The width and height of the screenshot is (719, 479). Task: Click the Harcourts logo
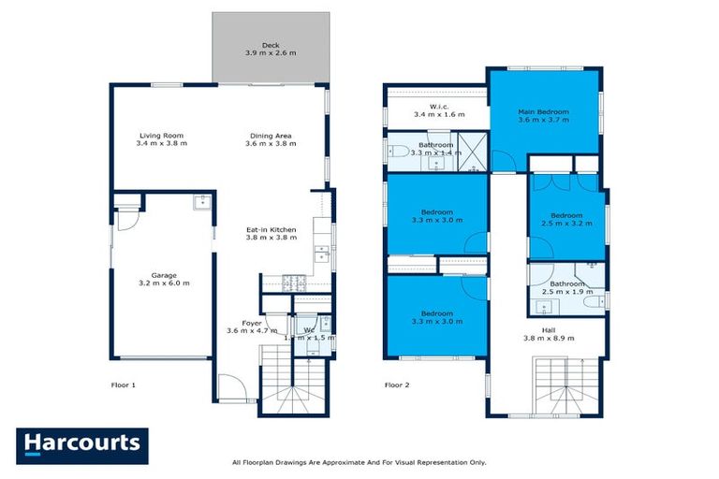point(82,444)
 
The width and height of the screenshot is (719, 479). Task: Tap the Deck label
point(271,49)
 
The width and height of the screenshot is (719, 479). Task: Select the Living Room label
point(161,140)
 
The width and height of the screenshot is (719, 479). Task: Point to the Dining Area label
point(270,140)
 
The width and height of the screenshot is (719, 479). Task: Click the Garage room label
point(158,280)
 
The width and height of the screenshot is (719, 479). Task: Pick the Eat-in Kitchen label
point(271,234)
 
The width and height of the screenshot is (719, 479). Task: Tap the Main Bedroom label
point(544,116)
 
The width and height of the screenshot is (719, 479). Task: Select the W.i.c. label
point(439,111)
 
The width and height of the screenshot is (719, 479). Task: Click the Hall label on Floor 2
point(548,333)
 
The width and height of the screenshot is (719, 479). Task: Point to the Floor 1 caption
point(124,385)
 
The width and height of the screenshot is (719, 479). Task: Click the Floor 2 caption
point(398,385)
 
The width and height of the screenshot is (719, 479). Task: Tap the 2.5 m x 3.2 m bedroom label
point(566,220)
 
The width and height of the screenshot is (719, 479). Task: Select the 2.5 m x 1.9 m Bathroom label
point(566,288)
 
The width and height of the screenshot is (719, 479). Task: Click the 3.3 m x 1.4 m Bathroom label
point(435,150)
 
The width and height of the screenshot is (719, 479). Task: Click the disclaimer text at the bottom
point(359,462)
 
